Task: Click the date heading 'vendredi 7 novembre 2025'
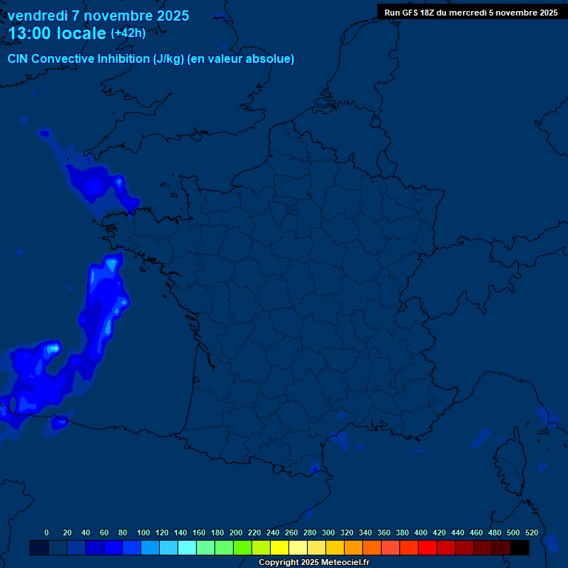[98, 16]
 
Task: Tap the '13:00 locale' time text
[57, 33]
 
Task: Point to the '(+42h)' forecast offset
[128, 33]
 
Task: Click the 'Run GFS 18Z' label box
[471, 12]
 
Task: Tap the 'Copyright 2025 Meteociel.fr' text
[314, 562]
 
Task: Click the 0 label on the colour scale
[47, 532]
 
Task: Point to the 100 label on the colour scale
[143, 532]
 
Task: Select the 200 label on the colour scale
[236, 532]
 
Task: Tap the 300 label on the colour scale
[328, 532]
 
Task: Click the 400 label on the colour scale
[421, 532]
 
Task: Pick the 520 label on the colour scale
[531, 532]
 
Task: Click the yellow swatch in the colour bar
[280, 547]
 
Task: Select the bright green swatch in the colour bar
[243, 547]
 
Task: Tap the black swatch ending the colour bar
[520, 547]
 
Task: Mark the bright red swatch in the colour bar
[427, 547]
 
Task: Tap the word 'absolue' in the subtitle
[271, 59]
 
